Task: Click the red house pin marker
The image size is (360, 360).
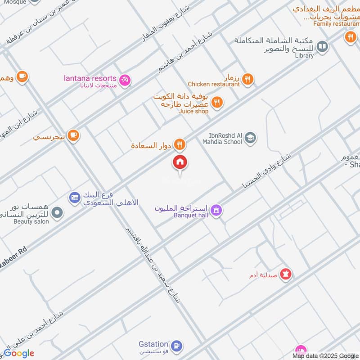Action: click(180, 162)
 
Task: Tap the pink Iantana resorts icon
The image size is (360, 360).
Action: click(126, 80)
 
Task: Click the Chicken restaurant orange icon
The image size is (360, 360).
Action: click(247, 80)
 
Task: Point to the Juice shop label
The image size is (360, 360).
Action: click(194, 111)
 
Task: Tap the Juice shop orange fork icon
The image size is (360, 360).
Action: click(217, 103)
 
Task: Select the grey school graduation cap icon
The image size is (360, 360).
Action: click(251, 138)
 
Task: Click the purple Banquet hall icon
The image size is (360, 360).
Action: click(216, 210)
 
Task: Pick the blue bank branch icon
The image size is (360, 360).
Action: click(75, 197)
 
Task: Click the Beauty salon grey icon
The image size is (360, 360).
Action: click(57, 213)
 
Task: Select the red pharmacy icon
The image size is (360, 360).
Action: click(286, 273)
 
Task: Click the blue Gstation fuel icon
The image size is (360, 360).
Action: click(177, 346)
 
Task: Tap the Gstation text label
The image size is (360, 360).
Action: click(153, 345)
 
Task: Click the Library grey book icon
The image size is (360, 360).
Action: click(322, 45)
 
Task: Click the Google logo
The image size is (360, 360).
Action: click(19, 353)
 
